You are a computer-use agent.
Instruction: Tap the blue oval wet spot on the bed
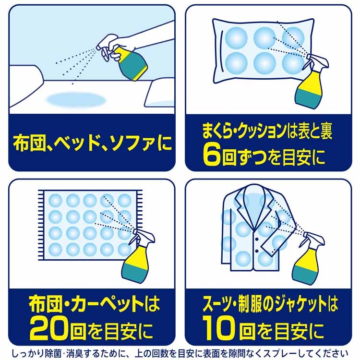76,100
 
